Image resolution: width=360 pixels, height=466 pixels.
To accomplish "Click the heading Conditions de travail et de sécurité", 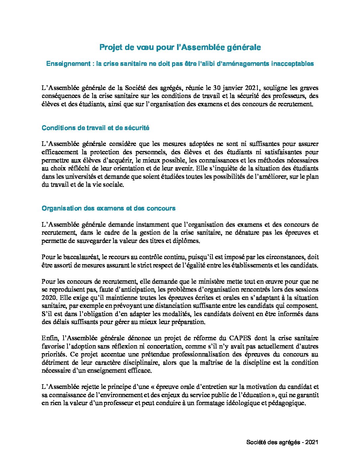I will (96, 128).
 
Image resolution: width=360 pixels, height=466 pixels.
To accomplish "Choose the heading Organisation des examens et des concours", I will (109, 209).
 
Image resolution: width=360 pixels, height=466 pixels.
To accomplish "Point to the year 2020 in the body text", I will (49, 298).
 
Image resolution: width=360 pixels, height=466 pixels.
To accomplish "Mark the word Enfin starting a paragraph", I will (50, 338).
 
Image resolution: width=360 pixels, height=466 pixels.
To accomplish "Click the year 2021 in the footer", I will (312, 443).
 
